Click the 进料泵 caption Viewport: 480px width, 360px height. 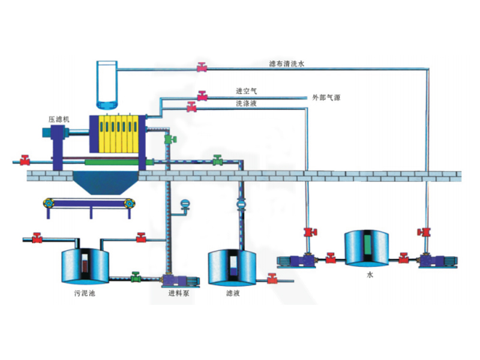pyautogui.click(x=179, y=294)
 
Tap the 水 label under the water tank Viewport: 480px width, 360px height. pyautogui.click(x=370, y=275)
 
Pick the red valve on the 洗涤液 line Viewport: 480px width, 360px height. pyautogui.click(x=191, y=108)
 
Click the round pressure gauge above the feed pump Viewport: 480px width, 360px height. pyautogui.click(x=185, y=204)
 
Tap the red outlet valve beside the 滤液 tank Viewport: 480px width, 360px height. pyautogui.click(x=272, y=278)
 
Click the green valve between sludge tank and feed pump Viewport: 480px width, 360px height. pyautogui.click(x=136, y=277)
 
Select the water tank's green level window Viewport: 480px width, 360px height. pyautogui.click(x=368, y=246)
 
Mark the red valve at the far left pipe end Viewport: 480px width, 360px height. pyautogui.click(x=25, y=160)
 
